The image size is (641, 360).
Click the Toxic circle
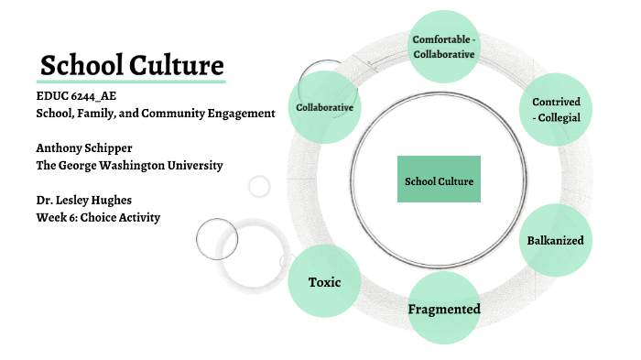[324, 281]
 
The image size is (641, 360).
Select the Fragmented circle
[444, 309]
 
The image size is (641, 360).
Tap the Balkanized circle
[555, 240]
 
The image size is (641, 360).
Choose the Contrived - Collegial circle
[556, 109]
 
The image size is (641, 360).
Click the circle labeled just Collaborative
[324, 108]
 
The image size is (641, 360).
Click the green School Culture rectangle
[439, 180]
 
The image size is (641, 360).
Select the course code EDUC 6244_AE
[77, 96]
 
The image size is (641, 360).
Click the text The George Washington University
[129, 165]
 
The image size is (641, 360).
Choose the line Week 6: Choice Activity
[98, 217]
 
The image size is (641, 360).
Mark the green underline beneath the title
[131, 82]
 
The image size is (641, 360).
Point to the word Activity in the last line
[137, 217]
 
